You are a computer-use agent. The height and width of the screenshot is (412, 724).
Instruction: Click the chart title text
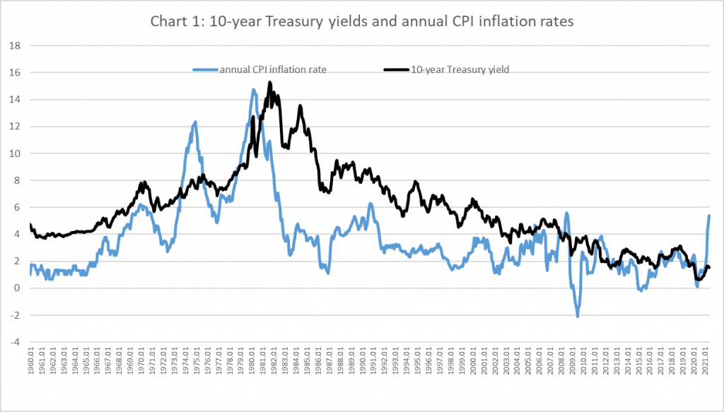[x=362, y=21]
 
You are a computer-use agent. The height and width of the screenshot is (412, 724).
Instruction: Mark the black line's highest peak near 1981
[x=269, y=83]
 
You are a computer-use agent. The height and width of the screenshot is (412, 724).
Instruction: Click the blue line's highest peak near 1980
[x=253, y=90]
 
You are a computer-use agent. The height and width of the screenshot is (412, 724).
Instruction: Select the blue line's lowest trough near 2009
[x=577, y=316]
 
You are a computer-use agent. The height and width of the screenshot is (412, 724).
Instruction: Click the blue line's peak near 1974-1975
[x=195, y=122]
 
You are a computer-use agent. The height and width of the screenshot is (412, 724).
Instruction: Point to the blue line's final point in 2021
[x=709, y=216]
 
